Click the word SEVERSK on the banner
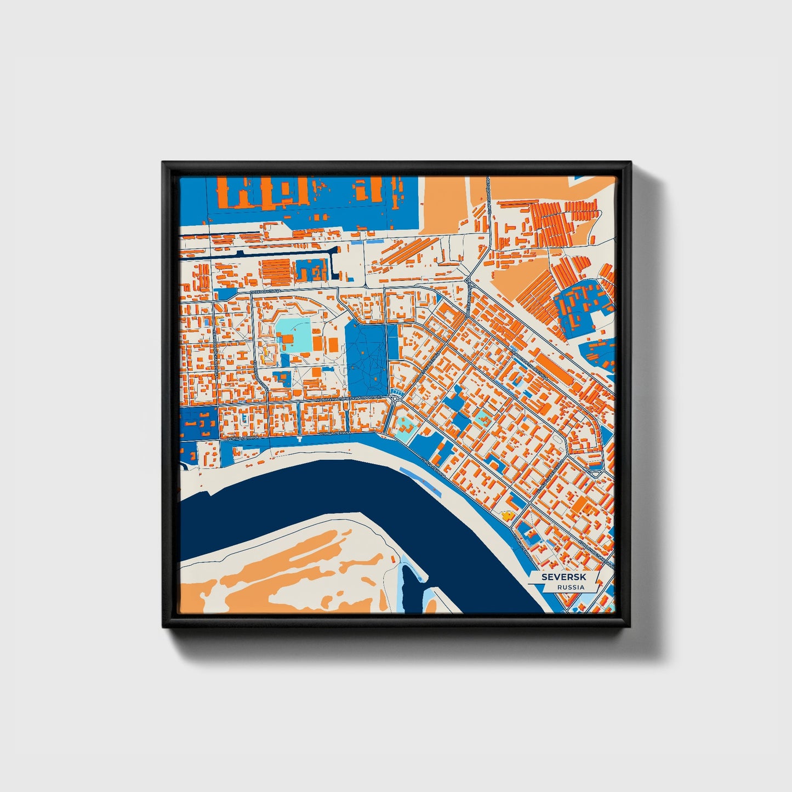pyautogui.click(x=563, y=577)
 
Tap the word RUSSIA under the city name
pyautogui.click(x=571, y=587)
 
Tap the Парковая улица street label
pyautogui.click(x=260, y=378)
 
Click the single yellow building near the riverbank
pyautogui.click(x=507, y=515)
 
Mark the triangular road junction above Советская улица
pyautogui.click(x=470, y=277)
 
